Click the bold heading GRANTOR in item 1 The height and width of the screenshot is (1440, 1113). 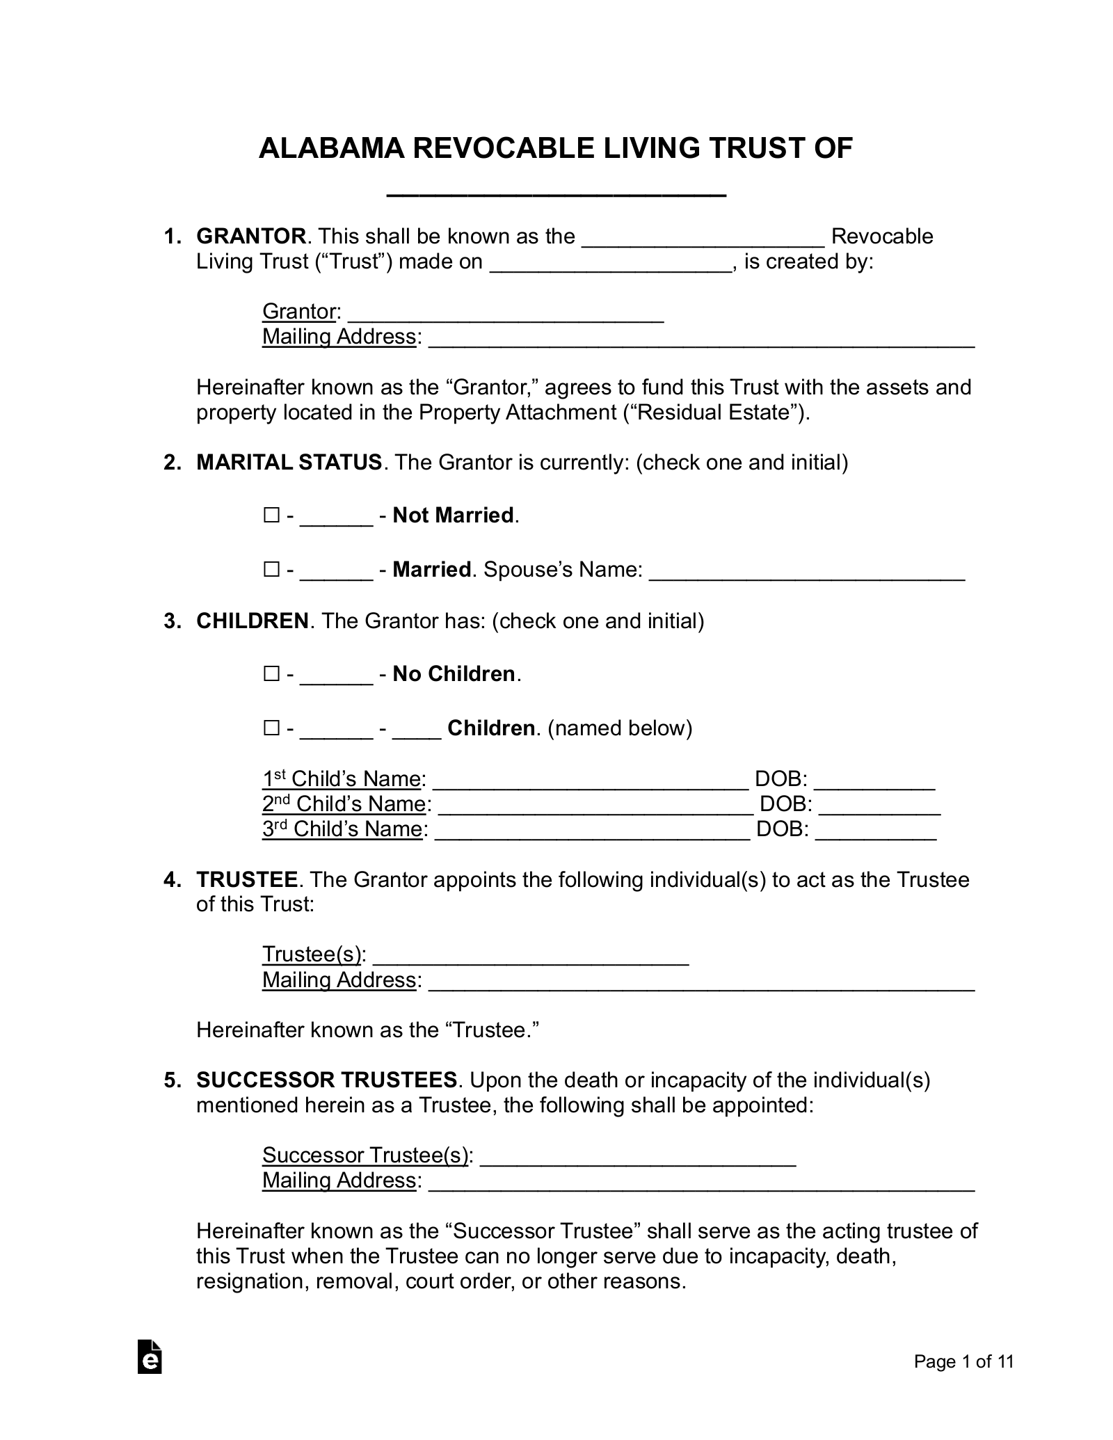coord(251,237)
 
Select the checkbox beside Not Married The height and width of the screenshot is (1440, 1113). coord(271,515)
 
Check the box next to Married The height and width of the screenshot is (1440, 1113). coord(271,570)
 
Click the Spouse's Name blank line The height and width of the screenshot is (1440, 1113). coord(806,573)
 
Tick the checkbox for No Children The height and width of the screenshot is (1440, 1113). coord(271,674)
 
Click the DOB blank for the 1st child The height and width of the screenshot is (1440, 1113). coord(874,783)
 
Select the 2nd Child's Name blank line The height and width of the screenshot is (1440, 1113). coord(595,808)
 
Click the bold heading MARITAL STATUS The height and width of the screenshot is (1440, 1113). coord(289,463)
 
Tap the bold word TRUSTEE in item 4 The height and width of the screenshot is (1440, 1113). coord(247,880)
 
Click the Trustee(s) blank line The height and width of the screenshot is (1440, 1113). coord(531,959)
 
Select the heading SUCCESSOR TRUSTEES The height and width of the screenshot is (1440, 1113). coord(326,1080)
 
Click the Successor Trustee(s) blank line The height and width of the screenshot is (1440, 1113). coord(638,1160)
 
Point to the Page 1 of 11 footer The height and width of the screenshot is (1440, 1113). coord(963,1362)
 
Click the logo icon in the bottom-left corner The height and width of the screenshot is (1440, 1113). coord(150,1357)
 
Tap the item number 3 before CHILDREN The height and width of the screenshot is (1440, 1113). coord(171,621)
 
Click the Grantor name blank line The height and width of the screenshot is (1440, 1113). coord(506,316)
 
